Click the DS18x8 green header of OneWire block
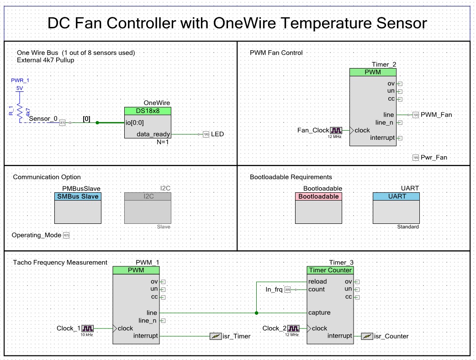(148, 111)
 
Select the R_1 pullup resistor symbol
(20, 112)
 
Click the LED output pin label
(217, 134)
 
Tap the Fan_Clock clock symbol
(336, 130)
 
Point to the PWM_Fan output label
(436, 115)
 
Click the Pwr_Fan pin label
(434, 158)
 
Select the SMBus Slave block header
(78, 196)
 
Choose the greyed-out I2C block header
(148, 196)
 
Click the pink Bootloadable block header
(318, 196)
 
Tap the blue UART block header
(396, 196)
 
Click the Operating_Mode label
(37, 235)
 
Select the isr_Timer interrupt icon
(216, 336)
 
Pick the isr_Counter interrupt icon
(366, 336)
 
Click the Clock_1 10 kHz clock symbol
(88, 328)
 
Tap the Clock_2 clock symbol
(293, 328)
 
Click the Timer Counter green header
(330, 270)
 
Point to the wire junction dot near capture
(256, 313)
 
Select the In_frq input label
(274, 289)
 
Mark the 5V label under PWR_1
(20, 88)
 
